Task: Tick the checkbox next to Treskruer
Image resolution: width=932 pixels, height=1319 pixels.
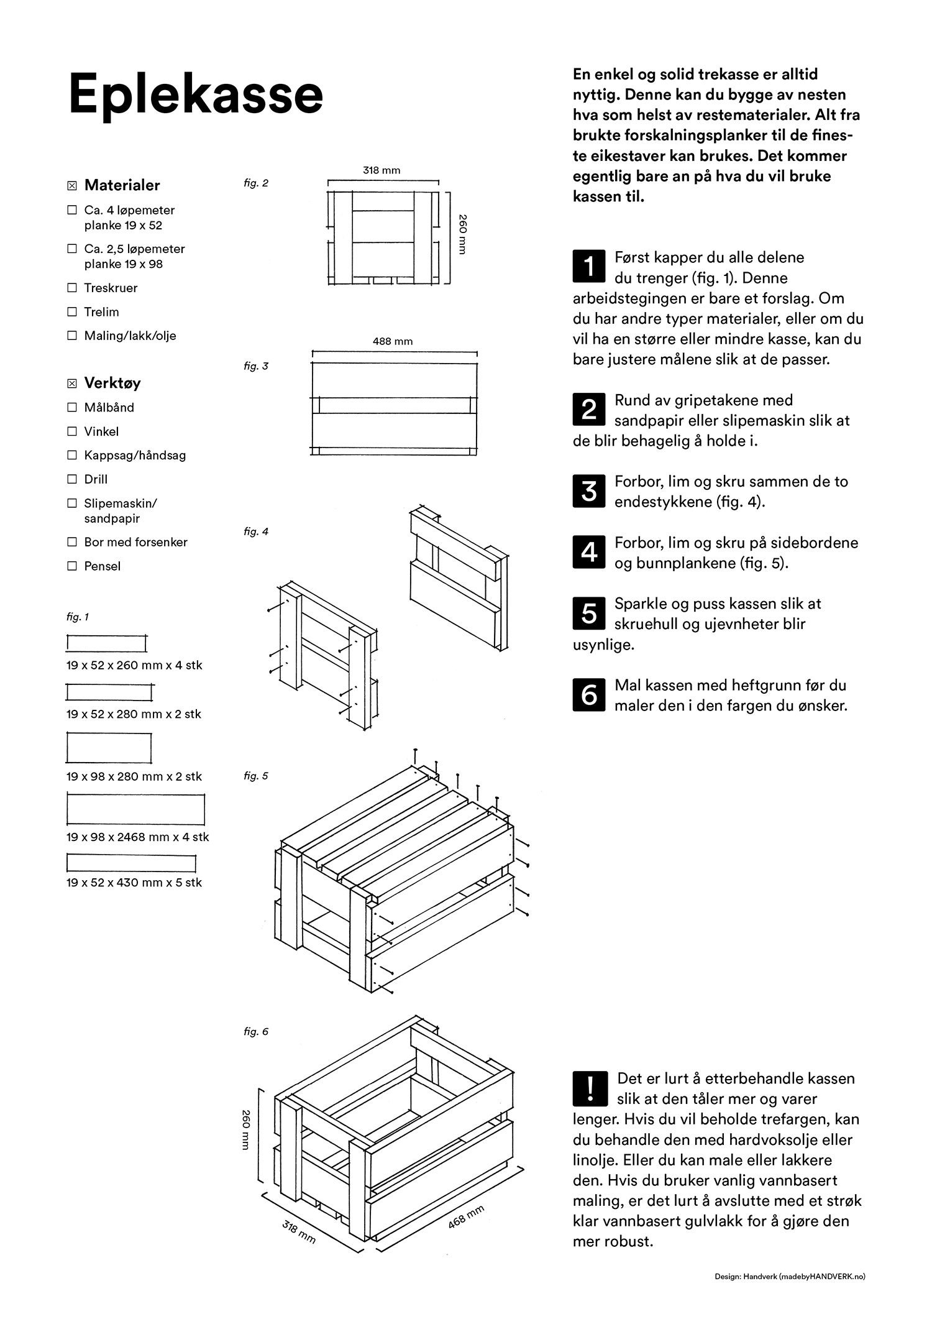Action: coord(72,288)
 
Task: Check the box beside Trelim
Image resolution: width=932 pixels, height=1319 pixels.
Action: coord(72,311)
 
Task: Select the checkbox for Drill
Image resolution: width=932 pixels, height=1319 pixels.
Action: coord(72,479)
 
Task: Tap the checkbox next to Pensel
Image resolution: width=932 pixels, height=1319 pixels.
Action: coord(72,566)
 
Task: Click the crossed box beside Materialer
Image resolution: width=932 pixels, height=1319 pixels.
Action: coord(72,185)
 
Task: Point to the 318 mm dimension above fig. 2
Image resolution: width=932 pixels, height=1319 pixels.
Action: coord(381,170)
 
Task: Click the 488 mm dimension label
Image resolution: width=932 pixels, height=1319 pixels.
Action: coord(392,341)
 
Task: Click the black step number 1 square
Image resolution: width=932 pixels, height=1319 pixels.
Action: coord(588,265)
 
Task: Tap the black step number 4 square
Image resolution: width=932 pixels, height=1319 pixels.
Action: coord(588,552)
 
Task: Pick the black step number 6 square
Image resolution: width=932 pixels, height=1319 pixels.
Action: coord(588,694)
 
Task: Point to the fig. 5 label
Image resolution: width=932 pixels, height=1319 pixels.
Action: coord(256,776)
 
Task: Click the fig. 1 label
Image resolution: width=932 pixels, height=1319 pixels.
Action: coord(78,617)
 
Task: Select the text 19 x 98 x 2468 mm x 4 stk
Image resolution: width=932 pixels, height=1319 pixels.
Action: coord(137,837)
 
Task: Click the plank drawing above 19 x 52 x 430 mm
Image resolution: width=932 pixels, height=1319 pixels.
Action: coord(131,863)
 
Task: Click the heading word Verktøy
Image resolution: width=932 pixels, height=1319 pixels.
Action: coord(112,383)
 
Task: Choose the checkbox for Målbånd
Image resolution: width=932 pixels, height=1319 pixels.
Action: coord(72,407)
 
